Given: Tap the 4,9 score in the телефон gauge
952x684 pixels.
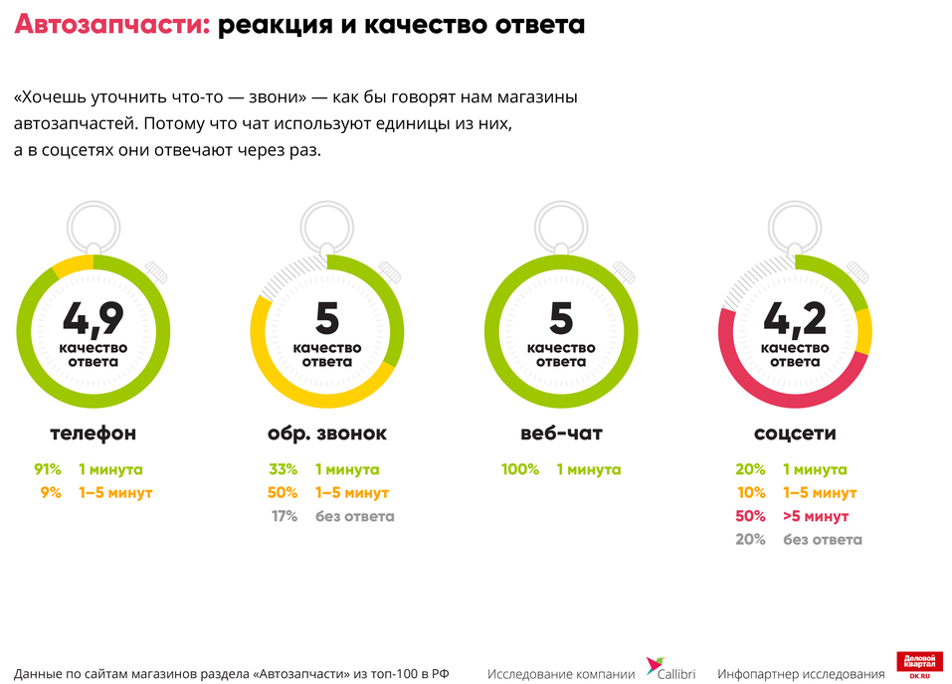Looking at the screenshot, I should [x=93, y=318].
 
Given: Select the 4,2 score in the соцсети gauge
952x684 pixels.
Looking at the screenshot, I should [x=795, y=318].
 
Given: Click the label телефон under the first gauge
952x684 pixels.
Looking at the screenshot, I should [x=93, y=433].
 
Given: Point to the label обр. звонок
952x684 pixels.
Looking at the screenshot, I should [x=327, y=433].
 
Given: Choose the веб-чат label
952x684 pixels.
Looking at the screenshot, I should [x=561, y=433].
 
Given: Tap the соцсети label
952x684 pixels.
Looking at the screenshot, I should [x=795, y=433].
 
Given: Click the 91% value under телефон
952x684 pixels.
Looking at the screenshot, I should [x=48, y=469].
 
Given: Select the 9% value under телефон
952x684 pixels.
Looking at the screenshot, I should [x=53, y=492].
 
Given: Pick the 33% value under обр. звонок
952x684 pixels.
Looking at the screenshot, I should [x=283, y=469].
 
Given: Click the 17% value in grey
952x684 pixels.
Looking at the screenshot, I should [x=285, y=516].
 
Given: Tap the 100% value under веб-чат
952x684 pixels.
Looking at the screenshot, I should [x=519, y=469].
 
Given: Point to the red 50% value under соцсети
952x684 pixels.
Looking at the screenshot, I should [x=750, y=516].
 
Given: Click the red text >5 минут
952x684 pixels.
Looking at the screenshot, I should [x=816, y=516].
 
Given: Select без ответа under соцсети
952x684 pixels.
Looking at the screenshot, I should [x=823, y=540].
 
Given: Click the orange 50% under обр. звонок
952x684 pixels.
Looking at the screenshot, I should [x=283, y=492].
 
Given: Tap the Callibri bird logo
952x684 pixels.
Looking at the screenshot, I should [x=656, y=665].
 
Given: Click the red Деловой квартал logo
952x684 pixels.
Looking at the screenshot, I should [x=919, y=665].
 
